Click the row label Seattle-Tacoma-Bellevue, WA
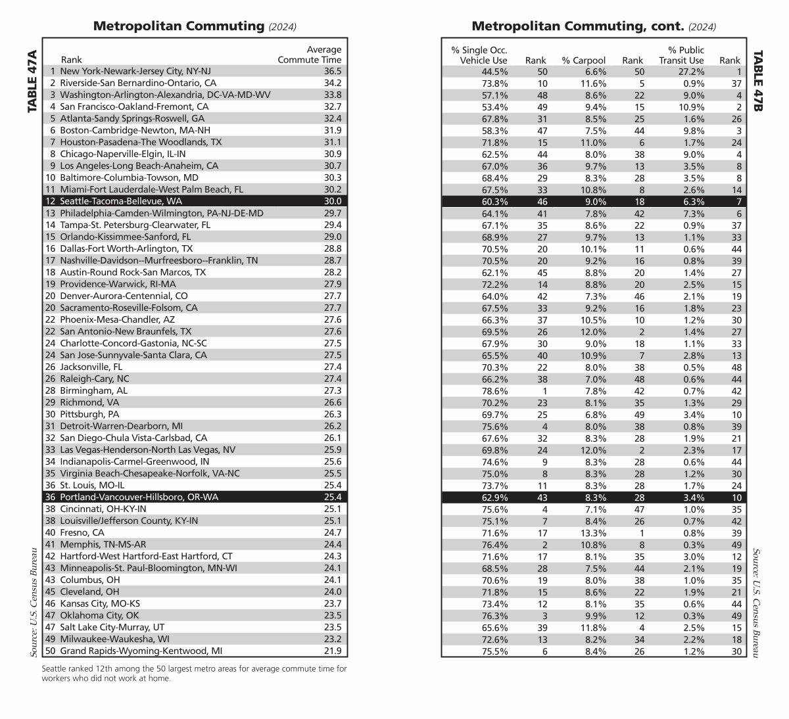(112, 201)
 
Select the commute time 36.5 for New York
(332, 71)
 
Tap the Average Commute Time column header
(310, 55)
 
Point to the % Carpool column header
(583, 60)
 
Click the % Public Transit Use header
(681, 55)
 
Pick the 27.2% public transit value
(691, 71)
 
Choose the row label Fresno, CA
(82, 532)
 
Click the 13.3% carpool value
(593, 532)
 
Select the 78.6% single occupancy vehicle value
(494, 390)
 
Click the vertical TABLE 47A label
(32, 81)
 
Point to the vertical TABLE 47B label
(757, 81)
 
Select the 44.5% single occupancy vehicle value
(494, 71)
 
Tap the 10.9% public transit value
(691, 106)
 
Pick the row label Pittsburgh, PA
(89, 414)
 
